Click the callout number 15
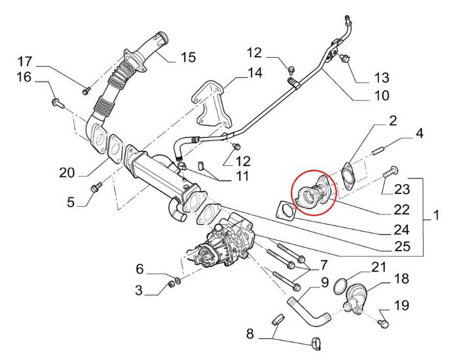click(188, 57)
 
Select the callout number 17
click(25, 62)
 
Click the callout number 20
click(67, 173)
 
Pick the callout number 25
click(403, 246)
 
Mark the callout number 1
click(436, 216)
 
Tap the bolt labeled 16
click(57, 104)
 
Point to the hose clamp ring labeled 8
click(315, 344)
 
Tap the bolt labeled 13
click(345, 59)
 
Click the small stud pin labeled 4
click(379, 151)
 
